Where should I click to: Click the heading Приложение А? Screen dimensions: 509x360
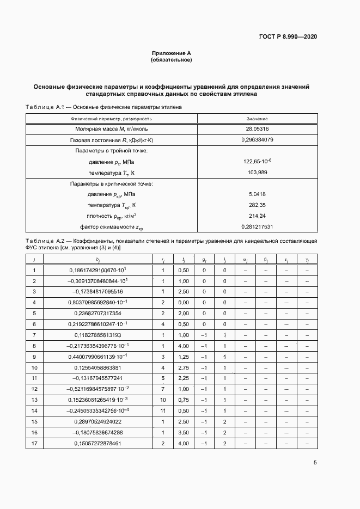click(x=171, y=53)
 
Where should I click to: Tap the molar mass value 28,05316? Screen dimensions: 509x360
click(x=257, y=129)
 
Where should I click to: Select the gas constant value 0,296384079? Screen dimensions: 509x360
click(x=257, y=140)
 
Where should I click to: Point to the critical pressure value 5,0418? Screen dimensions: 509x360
click(x=257, y=194)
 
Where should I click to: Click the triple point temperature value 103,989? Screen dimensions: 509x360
click(x=257, y=173)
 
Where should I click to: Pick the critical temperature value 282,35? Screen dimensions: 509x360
click(x=257, y=205)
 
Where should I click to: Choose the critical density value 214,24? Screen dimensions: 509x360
click(x=257, y=216)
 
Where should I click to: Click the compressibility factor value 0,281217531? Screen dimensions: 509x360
click(x=257, y=226)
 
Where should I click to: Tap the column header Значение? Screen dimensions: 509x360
click(x=257, y=118)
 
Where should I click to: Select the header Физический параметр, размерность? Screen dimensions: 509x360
click(x=111, y=118)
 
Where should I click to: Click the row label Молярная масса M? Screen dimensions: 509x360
click(x=111, y=129)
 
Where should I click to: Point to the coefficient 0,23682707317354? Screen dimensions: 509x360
click(x=95, y=313)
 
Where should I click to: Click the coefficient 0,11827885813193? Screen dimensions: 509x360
click(x=95, y=335)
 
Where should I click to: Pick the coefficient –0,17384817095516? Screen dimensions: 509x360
click(x=95, y=292)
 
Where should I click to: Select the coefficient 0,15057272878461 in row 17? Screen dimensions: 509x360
click(x=95, y=444)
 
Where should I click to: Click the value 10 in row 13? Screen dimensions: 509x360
click(x=162, y=400)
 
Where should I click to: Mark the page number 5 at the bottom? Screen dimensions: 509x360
click(x=315, y=463)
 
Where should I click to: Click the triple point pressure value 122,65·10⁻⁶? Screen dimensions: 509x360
click(x=257, y=162)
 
